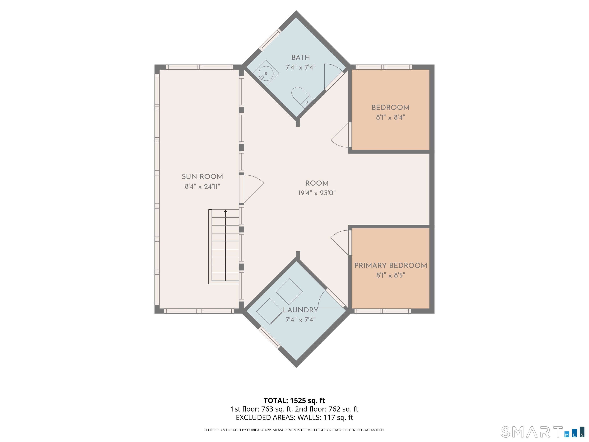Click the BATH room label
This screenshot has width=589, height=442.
pos(300,57)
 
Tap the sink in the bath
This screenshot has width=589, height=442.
pos(266,73)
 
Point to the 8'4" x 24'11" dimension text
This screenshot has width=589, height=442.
pos(202,186)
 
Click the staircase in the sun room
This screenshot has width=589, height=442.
pos(224,247)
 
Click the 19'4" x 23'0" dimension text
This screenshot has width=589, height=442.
pos(317,193)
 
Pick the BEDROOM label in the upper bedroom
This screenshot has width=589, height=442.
pos(390,107)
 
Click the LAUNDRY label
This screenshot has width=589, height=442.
pos(300,310)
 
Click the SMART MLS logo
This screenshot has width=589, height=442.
pos(542,432)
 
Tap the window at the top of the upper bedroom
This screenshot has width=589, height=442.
pos(383,67)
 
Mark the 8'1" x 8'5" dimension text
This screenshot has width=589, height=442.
pos(391,275)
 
